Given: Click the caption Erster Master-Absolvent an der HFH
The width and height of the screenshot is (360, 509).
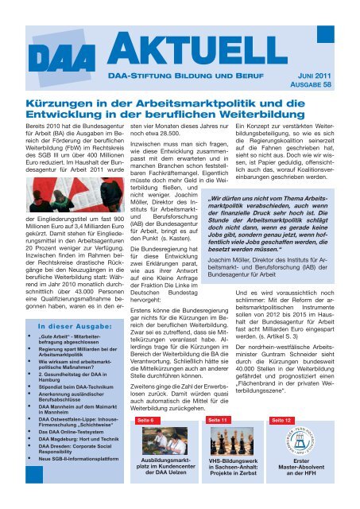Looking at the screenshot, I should [301, 488].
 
